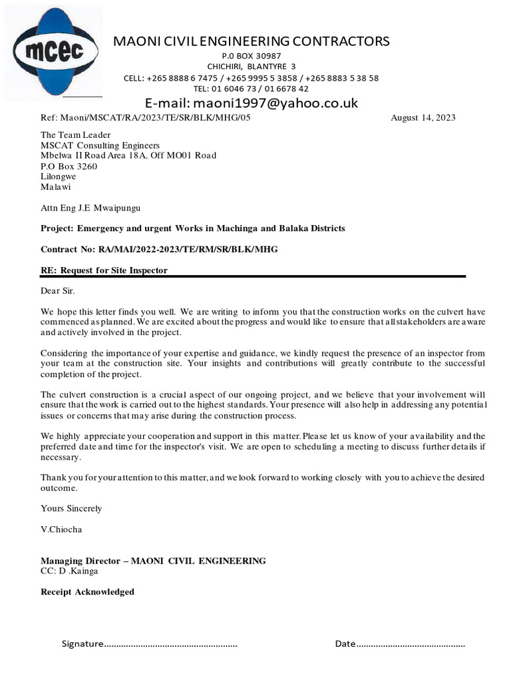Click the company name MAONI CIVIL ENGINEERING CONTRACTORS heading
click(x=251, y=41)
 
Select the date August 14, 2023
click(x=423, y=118)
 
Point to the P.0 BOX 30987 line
click(x=251, y=56)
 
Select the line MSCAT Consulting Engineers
click(x=100, y=145)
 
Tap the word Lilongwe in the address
click(x=58, y=176)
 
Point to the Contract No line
click(x=159, y=249)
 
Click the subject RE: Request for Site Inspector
click(x=104, y=270)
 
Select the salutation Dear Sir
click(x=58, y=290)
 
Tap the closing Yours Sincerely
click(x=71, y=508)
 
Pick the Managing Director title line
click(x=153, y=561)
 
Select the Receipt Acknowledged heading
click(x=87, y=591)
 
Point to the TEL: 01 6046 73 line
click(x=251, y=89)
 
